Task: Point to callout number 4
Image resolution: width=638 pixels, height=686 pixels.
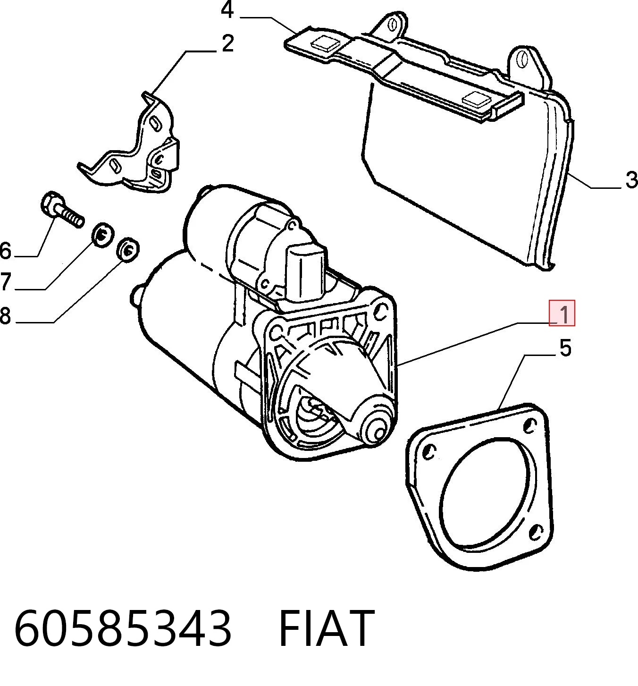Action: (227, 10)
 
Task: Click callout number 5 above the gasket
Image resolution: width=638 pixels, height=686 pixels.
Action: (565, 347)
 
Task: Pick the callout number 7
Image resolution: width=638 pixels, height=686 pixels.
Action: (5, 281)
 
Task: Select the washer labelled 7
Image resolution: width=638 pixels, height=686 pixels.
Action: (101, 235)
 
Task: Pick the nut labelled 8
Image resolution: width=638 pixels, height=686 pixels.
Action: (128, 249)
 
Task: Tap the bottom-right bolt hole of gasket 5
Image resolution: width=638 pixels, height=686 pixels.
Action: (536, 532)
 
